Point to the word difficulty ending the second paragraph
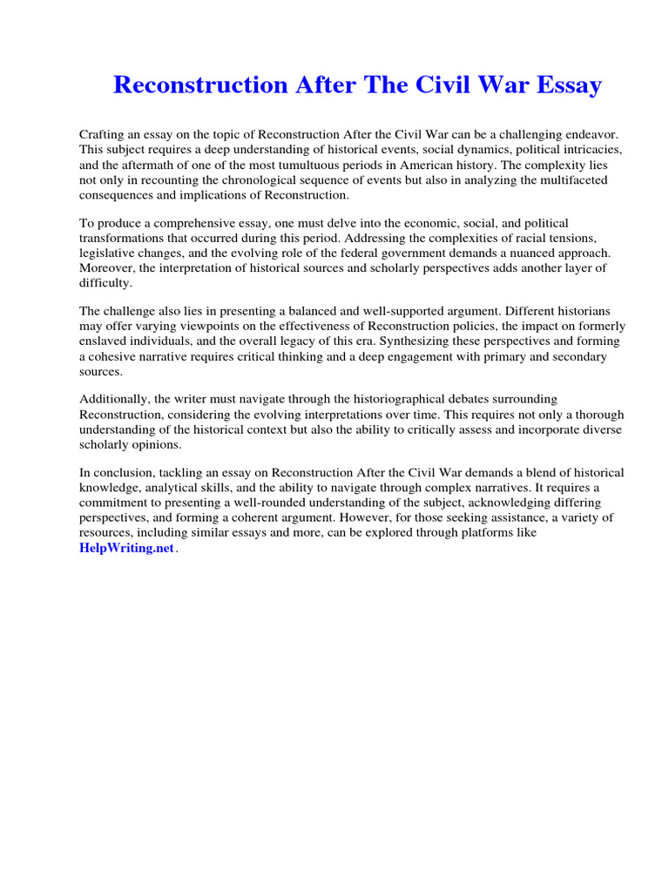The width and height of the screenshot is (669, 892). tap(106, 283)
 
